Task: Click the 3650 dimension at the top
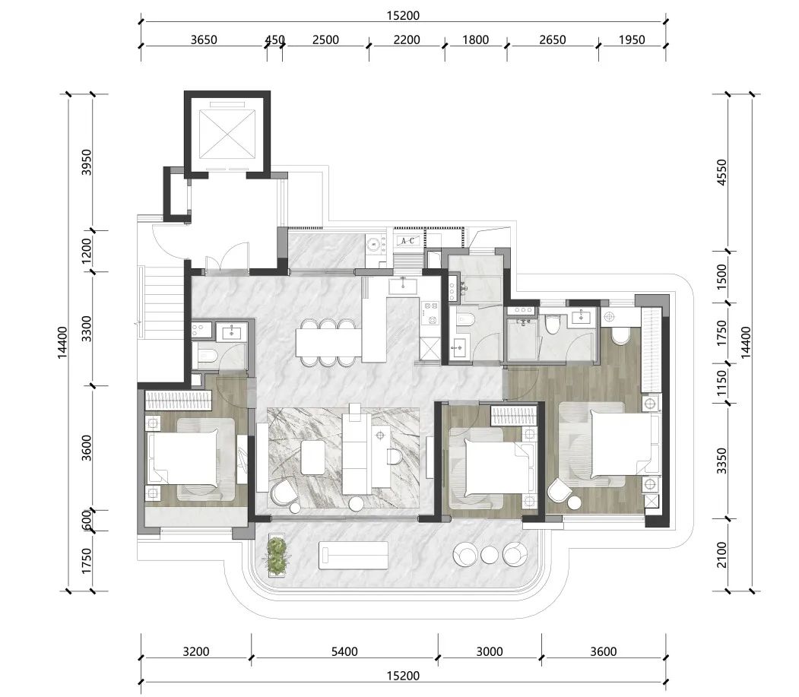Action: pos(204,40)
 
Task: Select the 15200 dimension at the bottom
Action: pos(403,676)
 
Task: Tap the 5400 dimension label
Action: pos(344,651)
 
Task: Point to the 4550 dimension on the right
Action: pos(721,173)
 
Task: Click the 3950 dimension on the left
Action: pos(87,162)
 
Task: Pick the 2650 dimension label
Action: pos(553,40)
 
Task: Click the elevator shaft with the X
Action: pos(227,135)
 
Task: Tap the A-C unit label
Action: pos(407,240)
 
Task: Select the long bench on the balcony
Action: pos(354,556)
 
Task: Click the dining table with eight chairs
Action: pos(328,343)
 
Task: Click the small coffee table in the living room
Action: pos(313,457)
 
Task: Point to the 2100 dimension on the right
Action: pos(721,555)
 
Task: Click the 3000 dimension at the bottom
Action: pos(490,651)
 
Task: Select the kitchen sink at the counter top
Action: pos(403,286)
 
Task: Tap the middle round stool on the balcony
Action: pos(489,555)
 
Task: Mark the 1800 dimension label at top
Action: pos(475,40)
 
